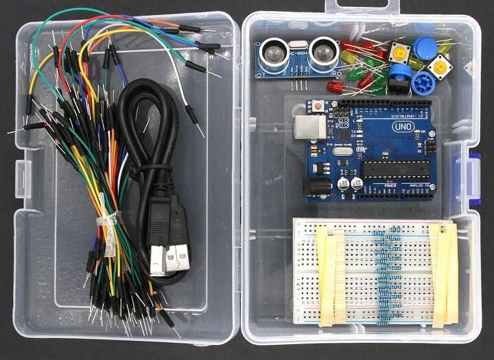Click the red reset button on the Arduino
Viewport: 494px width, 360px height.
coord(319,106)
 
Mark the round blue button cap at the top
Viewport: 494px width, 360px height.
coord(425,48)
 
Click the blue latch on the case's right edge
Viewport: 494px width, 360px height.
coord(473,176)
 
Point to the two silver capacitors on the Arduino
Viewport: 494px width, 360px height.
coord(350,185)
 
